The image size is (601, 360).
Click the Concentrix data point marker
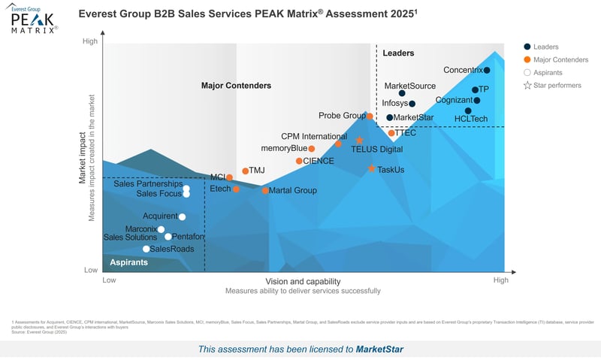pos(487,71)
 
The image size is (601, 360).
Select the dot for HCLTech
pos(468,110)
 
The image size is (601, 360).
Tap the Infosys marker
pos(412,104)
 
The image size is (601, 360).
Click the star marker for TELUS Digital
pos(359,141)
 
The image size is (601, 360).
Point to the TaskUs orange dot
pos(371,168)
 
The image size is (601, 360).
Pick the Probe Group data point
pos(370,116)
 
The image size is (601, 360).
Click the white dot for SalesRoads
pos(146,249)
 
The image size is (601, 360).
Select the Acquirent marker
pos(182,216)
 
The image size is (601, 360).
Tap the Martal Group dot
pos(265,190)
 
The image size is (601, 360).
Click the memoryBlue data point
pos(312,149)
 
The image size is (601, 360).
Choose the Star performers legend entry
pos(527,86)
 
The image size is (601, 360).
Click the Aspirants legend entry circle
pos(527,73)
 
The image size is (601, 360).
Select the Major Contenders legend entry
pos(527,60)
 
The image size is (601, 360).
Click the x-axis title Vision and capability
pos(303,280)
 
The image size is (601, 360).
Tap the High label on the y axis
pos(90,41)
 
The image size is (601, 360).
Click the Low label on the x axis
pos(109,280)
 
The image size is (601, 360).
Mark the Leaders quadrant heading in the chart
pos(398,53)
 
